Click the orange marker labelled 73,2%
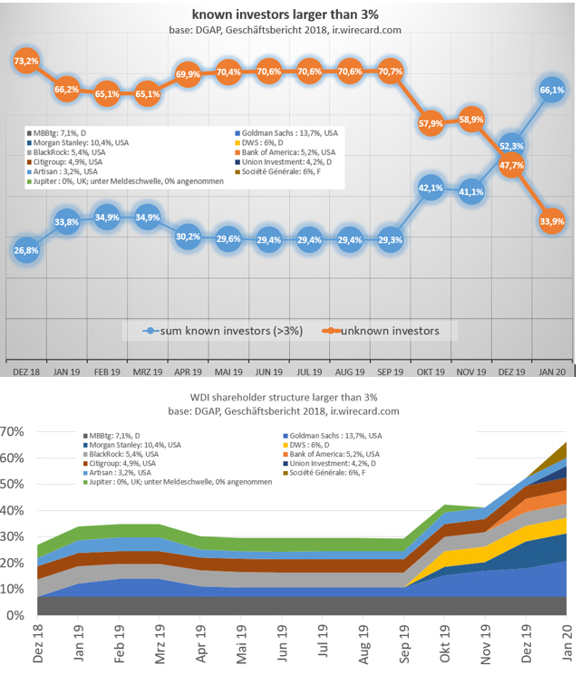point(26,61)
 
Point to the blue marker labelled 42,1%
point(431,188)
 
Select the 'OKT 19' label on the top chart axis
point(431,373)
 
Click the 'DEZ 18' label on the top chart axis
point(27,373)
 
